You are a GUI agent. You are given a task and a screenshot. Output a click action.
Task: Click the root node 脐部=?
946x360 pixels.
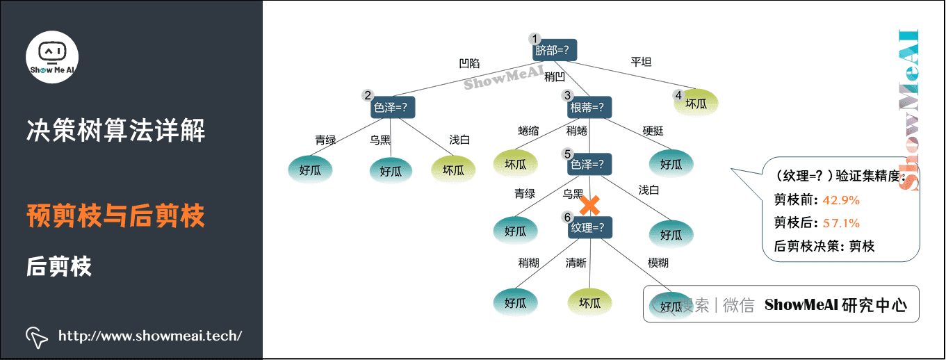555,50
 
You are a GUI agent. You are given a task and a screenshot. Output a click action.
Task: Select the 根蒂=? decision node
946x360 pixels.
589,108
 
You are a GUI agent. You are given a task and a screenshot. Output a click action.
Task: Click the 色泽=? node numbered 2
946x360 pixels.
393,108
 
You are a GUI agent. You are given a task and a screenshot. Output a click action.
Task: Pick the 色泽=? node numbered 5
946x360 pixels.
589,165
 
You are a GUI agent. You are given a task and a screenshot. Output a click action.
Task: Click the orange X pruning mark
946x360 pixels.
590,205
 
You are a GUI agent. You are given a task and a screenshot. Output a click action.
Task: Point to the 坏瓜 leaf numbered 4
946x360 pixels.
696,104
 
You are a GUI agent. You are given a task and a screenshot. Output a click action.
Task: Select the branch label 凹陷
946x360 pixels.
469,63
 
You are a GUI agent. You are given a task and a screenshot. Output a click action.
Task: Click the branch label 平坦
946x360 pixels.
641,62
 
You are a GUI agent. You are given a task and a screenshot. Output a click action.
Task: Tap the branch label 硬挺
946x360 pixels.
653,131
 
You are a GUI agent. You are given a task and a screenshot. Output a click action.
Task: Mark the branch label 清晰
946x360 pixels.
576,263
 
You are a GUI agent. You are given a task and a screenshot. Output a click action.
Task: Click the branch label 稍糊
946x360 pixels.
528,263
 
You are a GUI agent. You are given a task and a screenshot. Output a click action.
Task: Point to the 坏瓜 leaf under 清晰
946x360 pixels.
589,302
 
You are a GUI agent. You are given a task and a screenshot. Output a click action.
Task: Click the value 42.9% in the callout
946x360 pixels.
841,200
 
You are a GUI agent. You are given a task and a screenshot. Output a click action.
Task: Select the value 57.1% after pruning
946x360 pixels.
841,223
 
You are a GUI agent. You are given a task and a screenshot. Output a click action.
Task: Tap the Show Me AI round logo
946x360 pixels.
52,56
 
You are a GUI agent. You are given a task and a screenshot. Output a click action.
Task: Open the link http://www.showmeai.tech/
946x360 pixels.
150,336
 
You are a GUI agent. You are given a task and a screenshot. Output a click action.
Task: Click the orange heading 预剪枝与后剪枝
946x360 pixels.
115,216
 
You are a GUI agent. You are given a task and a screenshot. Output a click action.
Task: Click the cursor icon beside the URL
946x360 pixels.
37,336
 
